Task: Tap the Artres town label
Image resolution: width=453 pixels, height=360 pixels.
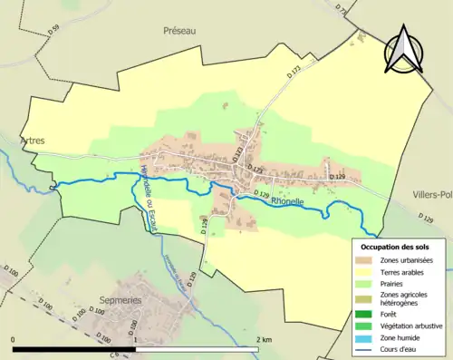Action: [x=31, y=141]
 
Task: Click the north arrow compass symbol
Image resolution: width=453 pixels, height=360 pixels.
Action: [x=401, y=49]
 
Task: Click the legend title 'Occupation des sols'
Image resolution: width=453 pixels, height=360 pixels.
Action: [x=395, y=247]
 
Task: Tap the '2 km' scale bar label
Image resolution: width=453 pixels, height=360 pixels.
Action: [x=264, y=339]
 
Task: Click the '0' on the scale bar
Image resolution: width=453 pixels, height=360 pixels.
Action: [x=14, y=339]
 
